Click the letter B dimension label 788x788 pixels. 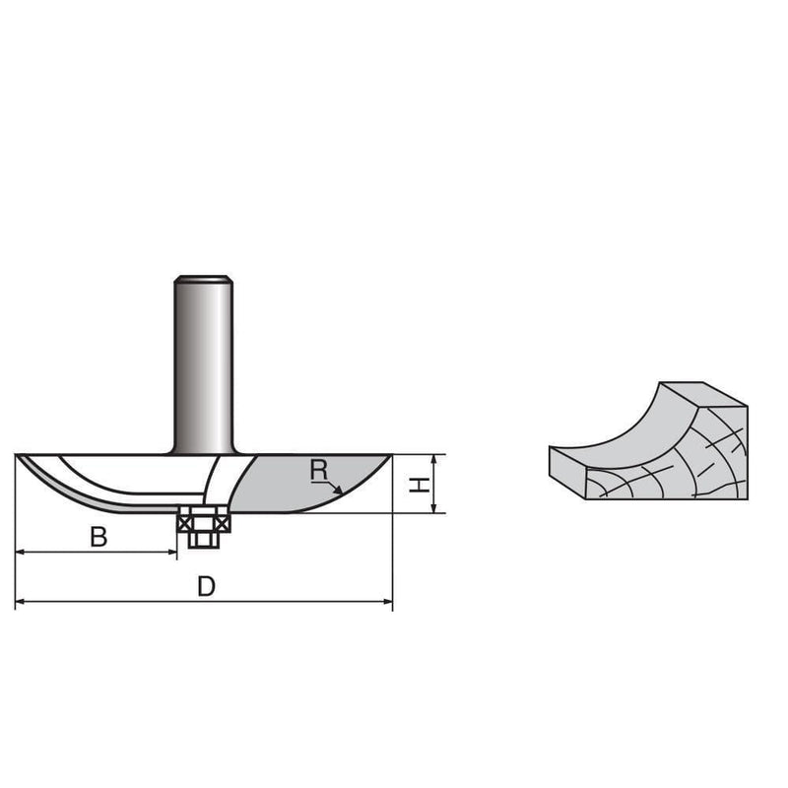click(98, 537)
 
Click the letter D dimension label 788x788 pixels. click(205, 587)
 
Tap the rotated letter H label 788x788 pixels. click(419, 484)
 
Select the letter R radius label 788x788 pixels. click(318, 471)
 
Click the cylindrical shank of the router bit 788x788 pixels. click(204, 364)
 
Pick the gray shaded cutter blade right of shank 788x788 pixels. click(295, 488)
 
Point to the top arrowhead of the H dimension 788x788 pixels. click(434, 459)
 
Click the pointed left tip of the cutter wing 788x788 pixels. click(20, 456)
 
